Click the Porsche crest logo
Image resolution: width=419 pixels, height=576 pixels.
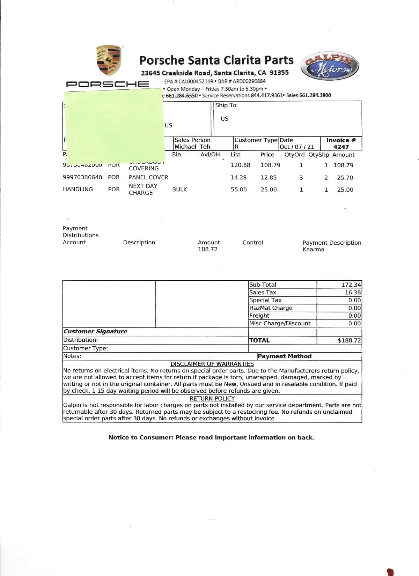pyautogui.click(x=109, y=60)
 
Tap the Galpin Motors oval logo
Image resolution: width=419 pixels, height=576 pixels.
pyautogui.click(x=330, y=67)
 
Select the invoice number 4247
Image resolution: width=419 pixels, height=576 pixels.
pyautogui.click(x=341, y=147)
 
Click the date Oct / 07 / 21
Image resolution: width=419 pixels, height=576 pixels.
pyautogui.click(x=297, y=147)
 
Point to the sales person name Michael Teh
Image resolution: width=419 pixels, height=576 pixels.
pyautogui.click(x=192, y=147)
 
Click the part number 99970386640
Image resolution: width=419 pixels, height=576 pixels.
pyautogui.click(x=82, y=177)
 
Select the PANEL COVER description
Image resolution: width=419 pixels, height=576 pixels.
pyautogui.click(x=148, y=177)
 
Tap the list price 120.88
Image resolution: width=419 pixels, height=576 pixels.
pyautogui.click(x=240, y=165)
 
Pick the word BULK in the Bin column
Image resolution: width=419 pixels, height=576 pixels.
pyautogui.click(x=179, y=190)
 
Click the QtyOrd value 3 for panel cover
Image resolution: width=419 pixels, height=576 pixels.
pyautogui.click(x=301, y=178)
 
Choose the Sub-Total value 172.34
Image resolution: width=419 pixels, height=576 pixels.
pyautogui.click(x=351, y=285)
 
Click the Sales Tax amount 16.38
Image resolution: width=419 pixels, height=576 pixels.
pyautogui.click(x=353, y=293)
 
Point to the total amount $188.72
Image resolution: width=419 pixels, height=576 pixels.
pyautogui.click(x=349, y=340)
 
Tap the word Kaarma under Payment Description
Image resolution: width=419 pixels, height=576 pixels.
pyautogui.click(x=313, y=249)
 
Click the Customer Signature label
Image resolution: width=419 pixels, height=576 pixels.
pyautogui.click(x=95, y=331)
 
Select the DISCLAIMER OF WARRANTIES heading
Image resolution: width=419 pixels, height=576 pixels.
pyautogui.click(x=212, y=364)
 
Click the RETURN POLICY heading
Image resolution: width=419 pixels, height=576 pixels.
pyautogui.click(x=212, y=398)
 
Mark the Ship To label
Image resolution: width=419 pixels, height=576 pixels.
pyautogui.click(x=226, y=105)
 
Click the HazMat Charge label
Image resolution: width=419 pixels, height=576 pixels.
pyautogui.click(x=271, y=308)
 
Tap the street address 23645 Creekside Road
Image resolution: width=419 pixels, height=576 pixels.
pyautogui.click(x=176, y=73)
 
